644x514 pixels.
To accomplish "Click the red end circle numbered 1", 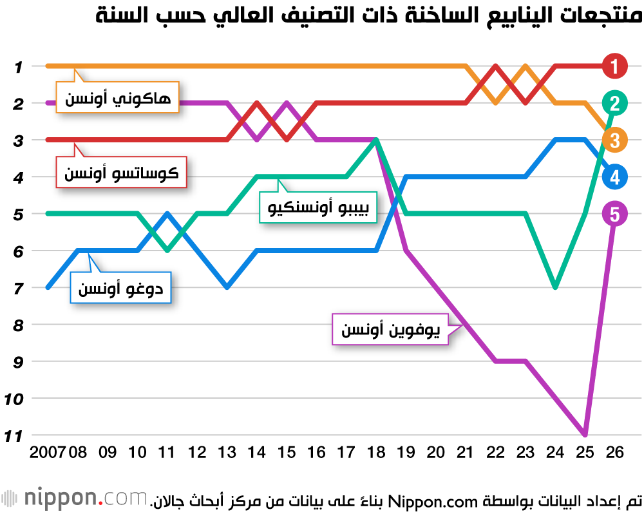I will [615, 66].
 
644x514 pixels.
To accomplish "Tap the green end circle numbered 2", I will [615, 102].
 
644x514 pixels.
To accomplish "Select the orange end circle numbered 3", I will [615, 140].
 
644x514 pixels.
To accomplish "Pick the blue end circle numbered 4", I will [615, 176].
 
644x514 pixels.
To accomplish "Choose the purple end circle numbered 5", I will [615, 214].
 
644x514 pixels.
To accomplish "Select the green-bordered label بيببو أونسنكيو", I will [318, 207].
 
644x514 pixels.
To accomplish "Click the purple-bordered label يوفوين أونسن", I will [390, 330].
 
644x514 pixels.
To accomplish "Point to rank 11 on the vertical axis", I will [14, 436].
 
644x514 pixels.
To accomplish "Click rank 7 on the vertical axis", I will [18, 288].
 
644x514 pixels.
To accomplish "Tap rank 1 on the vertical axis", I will [18, 66].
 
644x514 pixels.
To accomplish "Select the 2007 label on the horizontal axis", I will [48, 453].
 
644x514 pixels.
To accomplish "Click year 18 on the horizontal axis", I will [375, 453].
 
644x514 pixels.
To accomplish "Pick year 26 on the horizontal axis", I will [615, 453].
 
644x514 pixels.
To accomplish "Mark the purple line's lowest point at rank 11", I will [585, 435].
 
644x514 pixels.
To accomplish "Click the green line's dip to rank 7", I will [555, 287].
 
